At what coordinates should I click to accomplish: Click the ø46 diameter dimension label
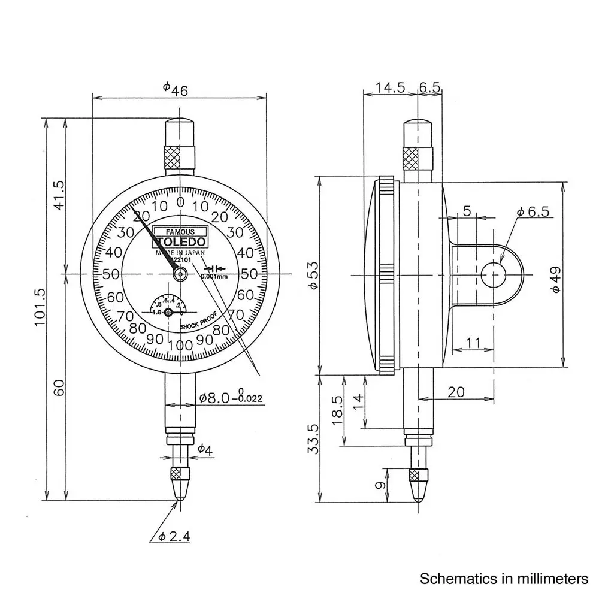point(176,89)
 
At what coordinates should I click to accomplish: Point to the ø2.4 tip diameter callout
point(174,537)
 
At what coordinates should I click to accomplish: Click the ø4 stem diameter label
point(205,449)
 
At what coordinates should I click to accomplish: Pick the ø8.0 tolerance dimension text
point(231,397)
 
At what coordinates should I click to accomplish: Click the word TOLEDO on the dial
point(180,242)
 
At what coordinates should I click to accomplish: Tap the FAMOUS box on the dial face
point(180,231)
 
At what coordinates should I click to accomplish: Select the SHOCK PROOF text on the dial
point(198,325)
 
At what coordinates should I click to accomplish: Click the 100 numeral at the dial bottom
point(180,345)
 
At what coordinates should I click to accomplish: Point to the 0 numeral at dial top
point(180,202)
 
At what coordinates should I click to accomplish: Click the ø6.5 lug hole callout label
point(533,211)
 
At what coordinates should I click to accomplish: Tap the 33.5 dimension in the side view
point(313,437)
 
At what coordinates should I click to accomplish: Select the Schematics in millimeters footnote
point(504,579)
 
